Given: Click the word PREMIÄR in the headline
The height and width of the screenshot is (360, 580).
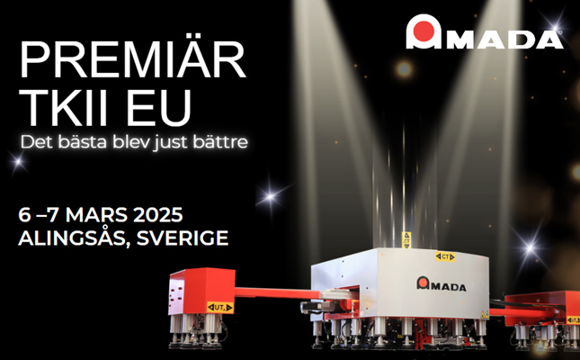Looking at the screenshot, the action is click(133, 58).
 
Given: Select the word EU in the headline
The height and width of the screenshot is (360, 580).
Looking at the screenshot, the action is click(159, 108).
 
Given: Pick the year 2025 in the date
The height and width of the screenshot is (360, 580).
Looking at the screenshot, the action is click(158, 216).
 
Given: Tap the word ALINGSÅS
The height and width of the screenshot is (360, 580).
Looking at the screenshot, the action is click(74, 238).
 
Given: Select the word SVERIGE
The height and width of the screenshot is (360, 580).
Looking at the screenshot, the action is click(183, 238).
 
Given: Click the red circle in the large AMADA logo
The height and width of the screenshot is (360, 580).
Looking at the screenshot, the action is click(424, 31).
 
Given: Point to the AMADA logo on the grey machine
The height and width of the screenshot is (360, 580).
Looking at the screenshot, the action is click(442, 283).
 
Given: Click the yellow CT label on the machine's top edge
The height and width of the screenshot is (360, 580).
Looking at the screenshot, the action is click(445, 256).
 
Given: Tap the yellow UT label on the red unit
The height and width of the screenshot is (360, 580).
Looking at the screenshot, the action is click(219, 308).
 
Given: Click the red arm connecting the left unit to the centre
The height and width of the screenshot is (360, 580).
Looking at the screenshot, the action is click(278, 292).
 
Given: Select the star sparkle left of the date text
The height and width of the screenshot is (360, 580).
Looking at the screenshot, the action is click(17, 162).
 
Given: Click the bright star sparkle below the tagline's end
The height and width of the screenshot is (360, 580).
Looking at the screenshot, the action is click(270, 196).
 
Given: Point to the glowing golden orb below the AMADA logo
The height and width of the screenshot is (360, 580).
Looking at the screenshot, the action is click(404, 69).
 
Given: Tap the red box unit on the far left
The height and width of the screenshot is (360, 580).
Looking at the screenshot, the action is click(201, 292).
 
